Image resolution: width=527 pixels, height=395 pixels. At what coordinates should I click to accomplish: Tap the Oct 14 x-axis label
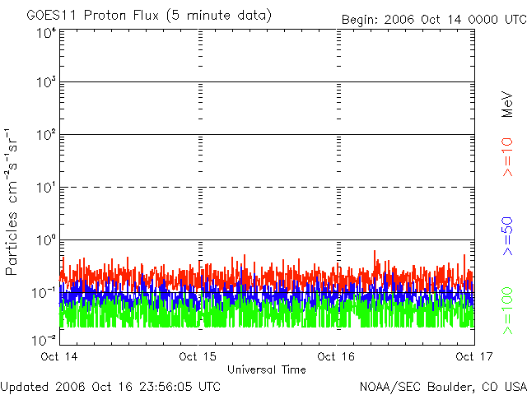tap(59, 356)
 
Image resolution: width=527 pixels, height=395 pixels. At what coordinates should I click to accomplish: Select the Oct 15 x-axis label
tap(198, 356)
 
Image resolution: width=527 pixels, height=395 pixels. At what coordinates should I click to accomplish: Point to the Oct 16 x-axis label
tap(336, 356)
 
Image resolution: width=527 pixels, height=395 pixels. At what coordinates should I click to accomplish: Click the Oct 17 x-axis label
tap(474, 356)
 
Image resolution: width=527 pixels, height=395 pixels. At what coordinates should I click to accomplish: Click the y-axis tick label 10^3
tap(46, 82)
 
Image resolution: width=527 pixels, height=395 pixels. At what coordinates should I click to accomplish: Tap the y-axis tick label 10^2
tap(46, 135)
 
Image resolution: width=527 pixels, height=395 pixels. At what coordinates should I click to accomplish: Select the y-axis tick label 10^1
tap(46, 188)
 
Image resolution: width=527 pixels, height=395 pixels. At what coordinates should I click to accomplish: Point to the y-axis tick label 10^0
tap(46, 240)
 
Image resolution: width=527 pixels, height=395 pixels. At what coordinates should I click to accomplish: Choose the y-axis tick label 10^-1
tap(44, 293)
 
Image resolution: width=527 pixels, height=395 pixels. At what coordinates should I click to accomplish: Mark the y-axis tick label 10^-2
tap(44, 340)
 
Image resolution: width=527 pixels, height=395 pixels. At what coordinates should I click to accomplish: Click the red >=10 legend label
tap(507, 157)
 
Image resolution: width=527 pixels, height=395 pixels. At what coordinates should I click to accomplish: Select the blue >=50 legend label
tap(507, 236)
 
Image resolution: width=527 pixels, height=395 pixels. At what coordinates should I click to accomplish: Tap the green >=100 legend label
tap(507, 311)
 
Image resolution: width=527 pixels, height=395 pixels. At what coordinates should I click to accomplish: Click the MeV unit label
tap(507, 105)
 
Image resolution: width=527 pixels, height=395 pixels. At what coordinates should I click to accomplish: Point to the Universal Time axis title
tap(267, 369)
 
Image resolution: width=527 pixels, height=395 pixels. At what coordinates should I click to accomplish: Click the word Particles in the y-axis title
tap(11, 244)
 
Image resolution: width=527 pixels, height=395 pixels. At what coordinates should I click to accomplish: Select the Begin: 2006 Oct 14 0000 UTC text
tap(434, 20)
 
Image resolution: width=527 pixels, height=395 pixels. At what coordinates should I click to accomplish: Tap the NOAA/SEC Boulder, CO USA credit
tap(443, 387)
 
